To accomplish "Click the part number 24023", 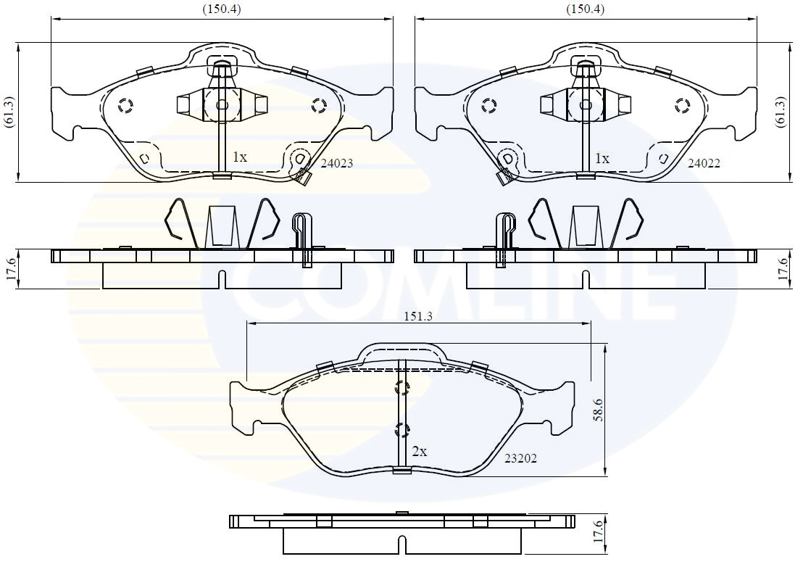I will (338, 164).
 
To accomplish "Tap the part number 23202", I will (520, 458).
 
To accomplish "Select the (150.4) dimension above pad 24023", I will (221, 9).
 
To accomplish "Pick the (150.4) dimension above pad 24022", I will (585, 9).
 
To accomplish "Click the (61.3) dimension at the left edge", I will (9, 112).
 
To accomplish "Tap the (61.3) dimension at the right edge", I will (781, 112).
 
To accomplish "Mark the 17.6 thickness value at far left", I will (9, 269).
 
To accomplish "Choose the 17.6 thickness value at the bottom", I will (596, 531).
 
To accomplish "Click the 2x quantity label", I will (419, 451).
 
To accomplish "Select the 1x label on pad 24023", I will (239, 157).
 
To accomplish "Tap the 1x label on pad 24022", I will (602, 157).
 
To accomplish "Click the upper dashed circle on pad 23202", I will (401, 388).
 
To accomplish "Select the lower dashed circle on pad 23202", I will (401, 430).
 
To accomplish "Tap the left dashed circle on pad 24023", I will (125, 105).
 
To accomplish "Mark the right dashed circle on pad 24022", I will (682, 105).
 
